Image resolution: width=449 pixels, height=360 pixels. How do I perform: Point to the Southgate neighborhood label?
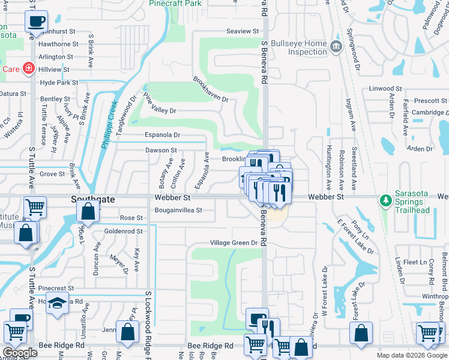tap(88, 197)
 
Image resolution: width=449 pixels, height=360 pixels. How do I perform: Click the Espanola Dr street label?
tap(162, 136)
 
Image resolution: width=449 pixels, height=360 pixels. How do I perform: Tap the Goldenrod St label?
tap(123, 230)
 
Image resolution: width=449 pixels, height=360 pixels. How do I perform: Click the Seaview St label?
tap(242, 31)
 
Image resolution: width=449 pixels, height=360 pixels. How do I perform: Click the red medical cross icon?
tap(28, 68)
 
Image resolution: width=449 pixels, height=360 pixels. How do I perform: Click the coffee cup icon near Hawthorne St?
tap(35, 22)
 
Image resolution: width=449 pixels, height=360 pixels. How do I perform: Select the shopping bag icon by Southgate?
tap(88, 211)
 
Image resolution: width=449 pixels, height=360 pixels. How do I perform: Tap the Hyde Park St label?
tap(59, 83)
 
